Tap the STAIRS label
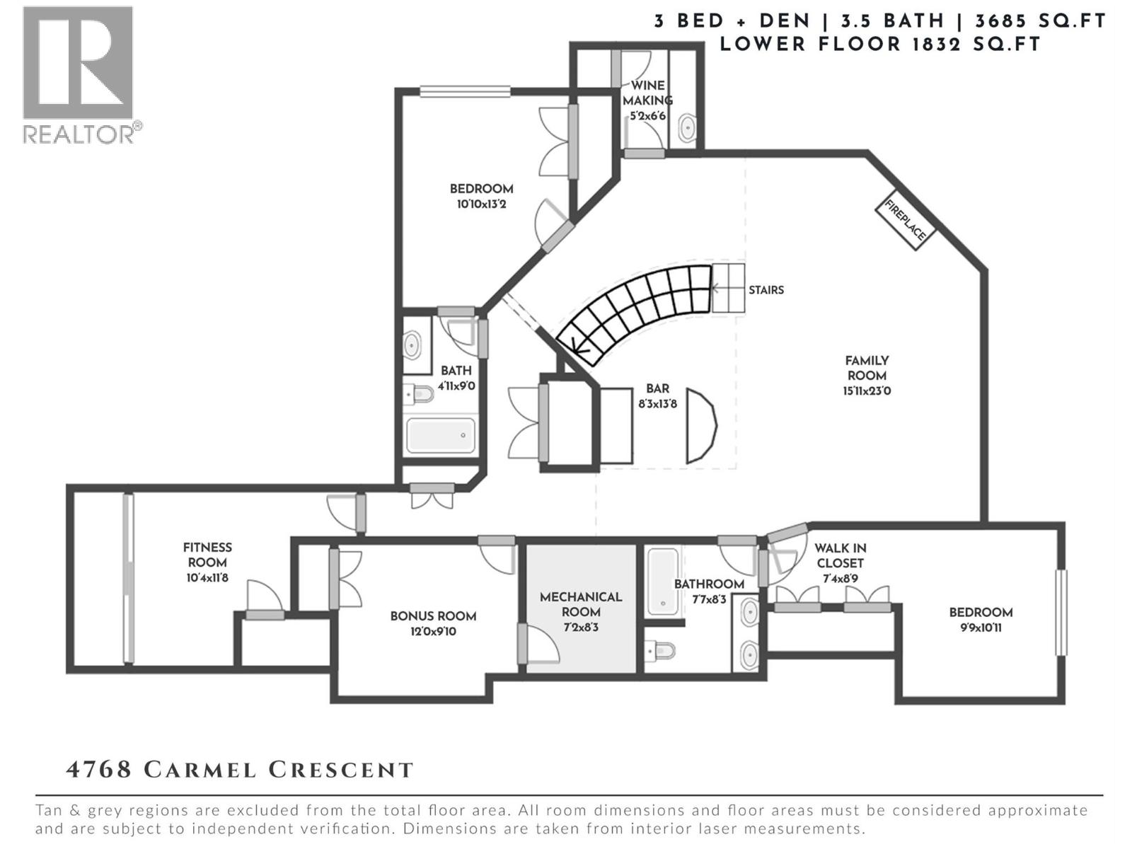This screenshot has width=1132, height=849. point(766,290)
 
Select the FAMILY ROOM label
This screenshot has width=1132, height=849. point(867,369)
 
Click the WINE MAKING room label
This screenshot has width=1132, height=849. point(647,93)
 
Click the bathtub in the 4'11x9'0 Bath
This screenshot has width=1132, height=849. point(440,435)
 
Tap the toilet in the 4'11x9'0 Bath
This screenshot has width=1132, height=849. point(420,393)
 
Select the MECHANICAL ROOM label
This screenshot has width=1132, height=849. point(581,604)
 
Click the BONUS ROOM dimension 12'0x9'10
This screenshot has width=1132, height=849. point(433,632)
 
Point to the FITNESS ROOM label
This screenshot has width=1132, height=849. point(207,555)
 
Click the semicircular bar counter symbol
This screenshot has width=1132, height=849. point(700,426)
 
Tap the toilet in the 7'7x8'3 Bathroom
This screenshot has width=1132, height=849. point(659,649)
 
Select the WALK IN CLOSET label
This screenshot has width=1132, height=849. point(840,555)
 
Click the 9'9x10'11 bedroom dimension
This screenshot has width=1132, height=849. point(981,628)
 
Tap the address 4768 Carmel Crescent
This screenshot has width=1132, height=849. point(240,770)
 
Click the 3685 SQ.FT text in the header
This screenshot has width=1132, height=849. point(1041,21)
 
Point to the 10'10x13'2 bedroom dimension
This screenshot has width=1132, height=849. point(481,204)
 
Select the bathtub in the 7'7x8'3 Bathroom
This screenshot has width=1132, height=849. point(663,581)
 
